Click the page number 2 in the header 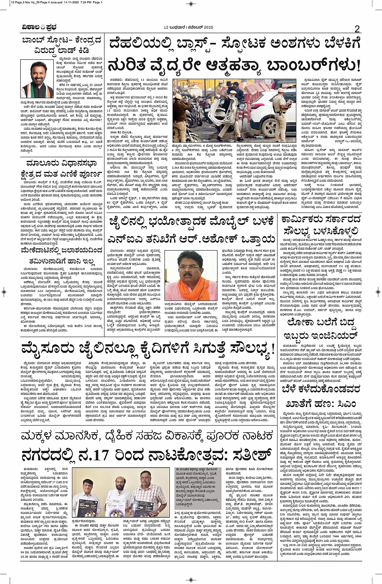coord(357,29)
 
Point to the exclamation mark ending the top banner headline coord(357,65)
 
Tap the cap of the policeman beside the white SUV coord(281,83)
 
